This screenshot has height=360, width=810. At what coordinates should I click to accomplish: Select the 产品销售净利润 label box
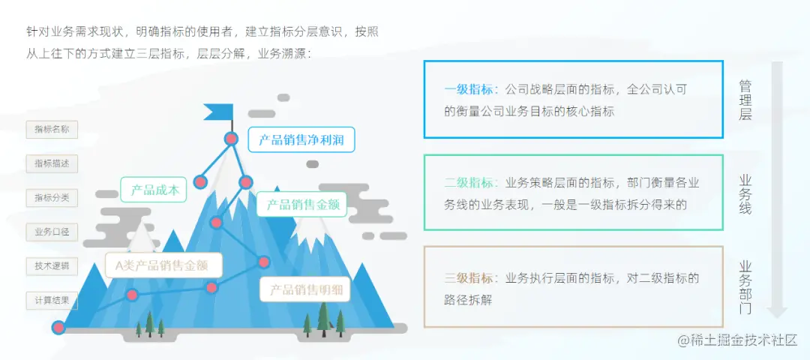click(301, 139)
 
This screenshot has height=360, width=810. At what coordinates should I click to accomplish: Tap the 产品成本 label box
click(153, 190)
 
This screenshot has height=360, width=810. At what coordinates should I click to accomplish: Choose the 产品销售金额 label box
click(301, 204)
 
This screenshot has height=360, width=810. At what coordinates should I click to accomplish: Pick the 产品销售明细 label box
click(305, 289)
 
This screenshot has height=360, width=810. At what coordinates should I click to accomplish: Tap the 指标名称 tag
click(52, 129)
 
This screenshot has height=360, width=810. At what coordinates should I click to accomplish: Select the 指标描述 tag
click(52, 163)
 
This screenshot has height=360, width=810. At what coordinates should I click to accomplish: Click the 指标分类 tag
click(52, 197)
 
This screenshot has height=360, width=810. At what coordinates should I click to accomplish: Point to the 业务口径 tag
click(52, 232)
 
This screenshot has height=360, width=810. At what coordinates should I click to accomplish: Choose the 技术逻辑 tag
click(52, 266)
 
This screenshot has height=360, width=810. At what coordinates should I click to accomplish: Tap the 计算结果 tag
click(52, 301)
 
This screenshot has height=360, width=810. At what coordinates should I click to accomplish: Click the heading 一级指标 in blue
click(469, 89)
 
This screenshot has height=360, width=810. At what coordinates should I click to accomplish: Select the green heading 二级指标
click(469, 182)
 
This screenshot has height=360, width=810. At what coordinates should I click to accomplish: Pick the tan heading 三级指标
click(469, 278)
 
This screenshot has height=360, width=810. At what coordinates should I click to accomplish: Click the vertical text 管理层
click(745, 100)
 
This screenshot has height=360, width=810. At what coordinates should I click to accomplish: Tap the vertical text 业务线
click(745, 193)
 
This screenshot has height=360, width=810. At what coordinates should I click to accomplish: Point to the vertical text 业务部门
click(745, 286)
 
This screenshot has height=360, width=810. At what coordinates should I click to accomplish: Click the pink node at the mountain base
click(58, 327)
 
